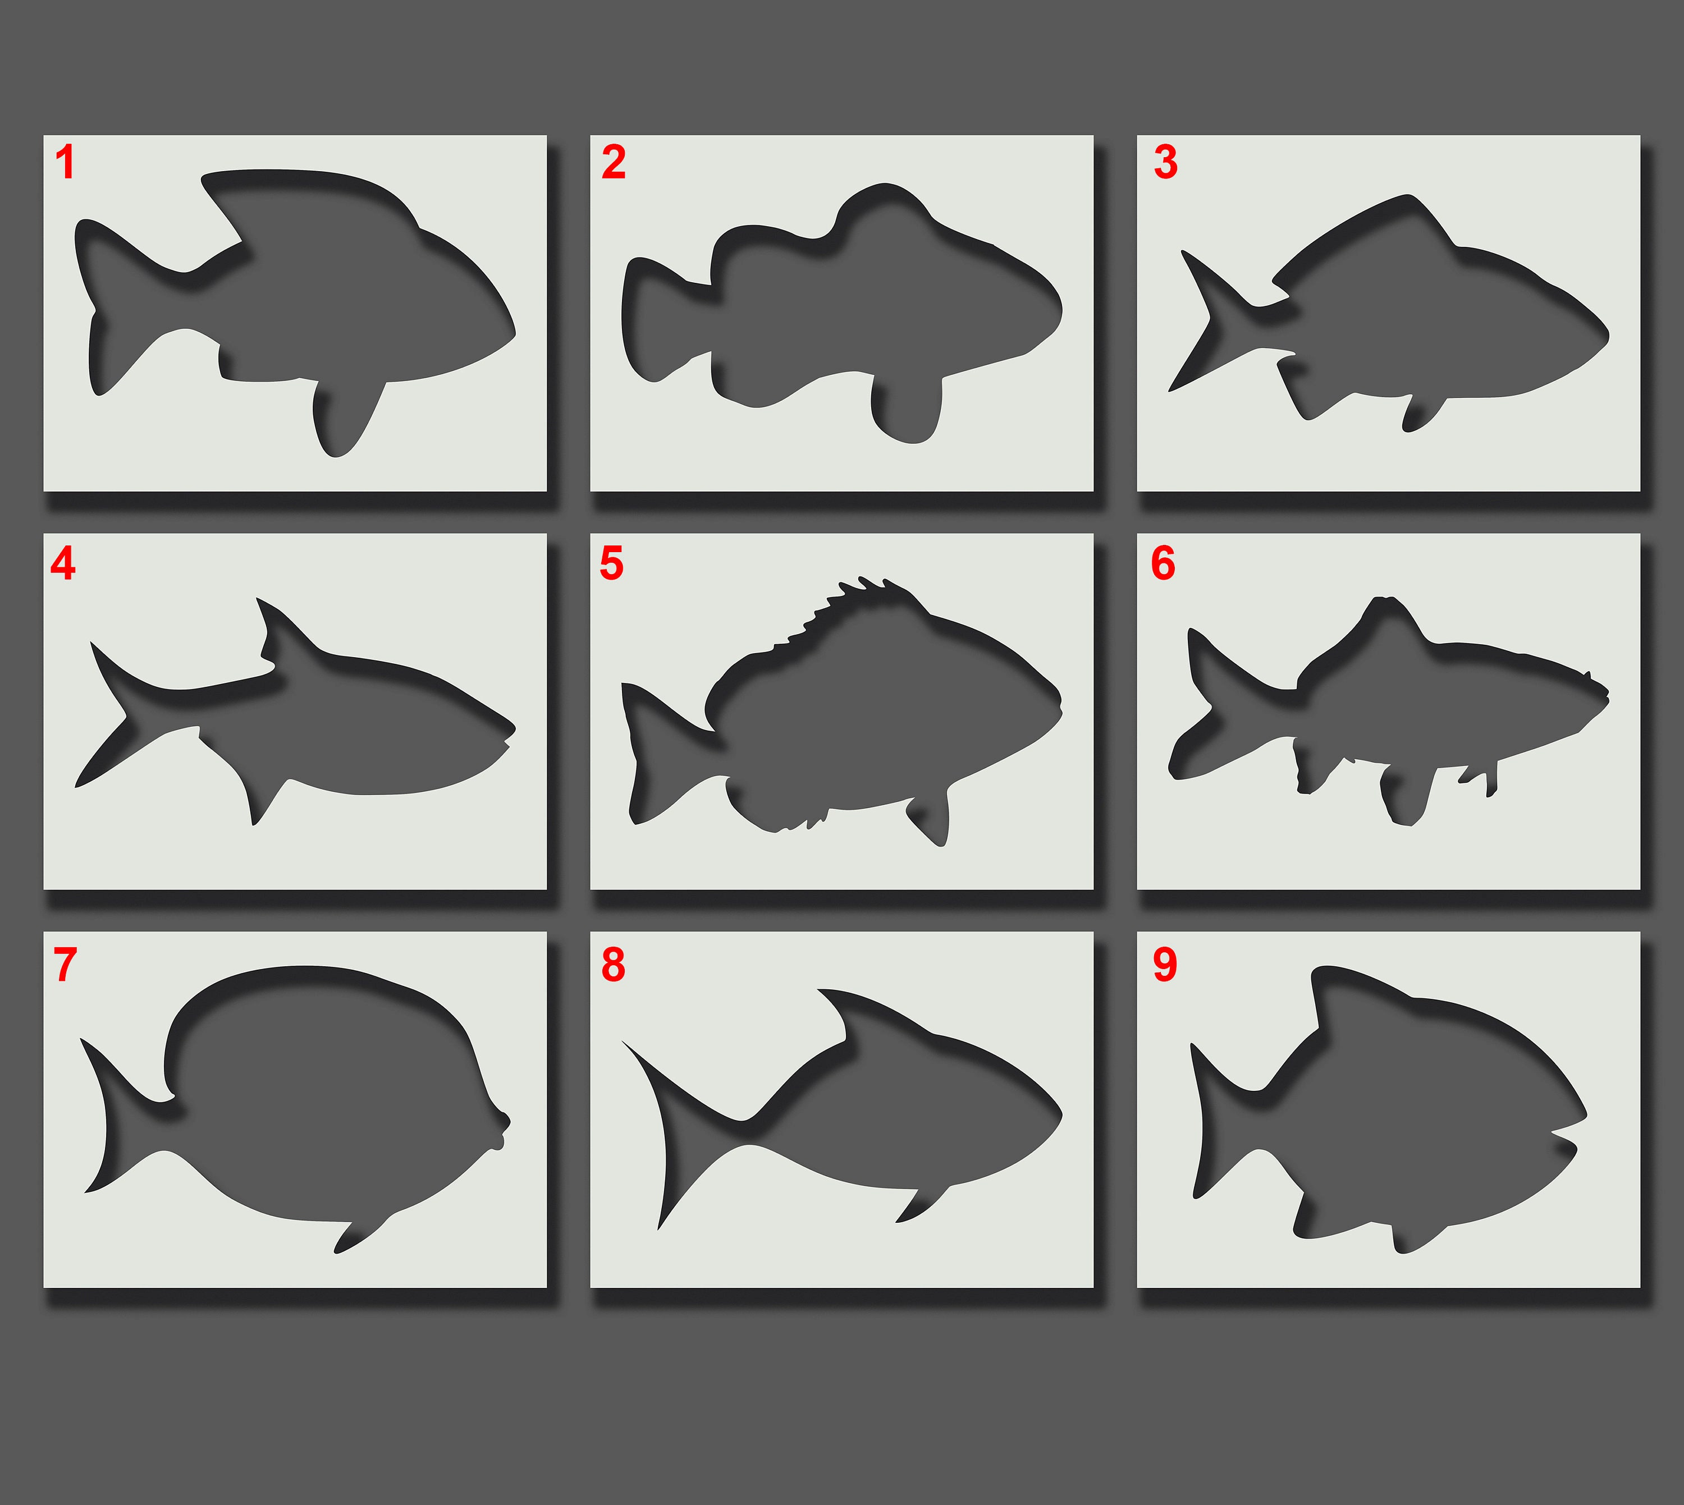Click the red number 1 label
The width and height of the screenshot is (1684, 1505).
(x=65, y=162)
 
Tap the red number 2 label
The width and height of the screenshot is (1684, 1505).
(x=613, y=162)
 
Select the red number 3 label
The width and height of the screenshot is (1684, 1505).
(x=1165, y=162)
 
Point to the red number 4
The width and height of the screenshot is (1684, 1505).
(x=63, y=563)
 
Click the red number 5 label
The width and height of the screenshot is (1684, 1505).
(x=611, y=563)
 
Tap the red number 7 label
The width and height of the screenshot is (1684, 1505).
(x=65, y=964)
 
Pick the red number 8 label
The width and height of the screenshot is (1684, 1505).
(x=613, y=964)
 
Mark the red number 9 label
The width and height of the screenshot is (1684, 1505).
(x=1165, y=964)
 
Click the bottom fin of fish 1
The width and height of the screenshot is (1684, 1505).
(x=343, y=417)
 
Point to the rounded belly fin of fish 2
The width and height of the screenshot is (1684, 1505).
(x=905, y=409)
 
